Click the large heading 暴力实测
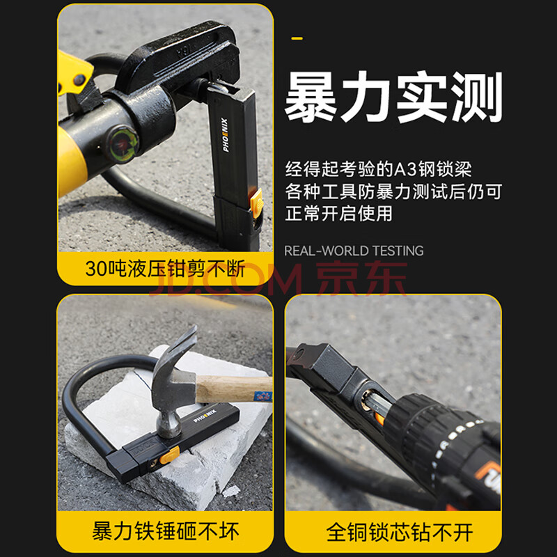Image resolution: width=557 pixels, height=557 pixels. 393,97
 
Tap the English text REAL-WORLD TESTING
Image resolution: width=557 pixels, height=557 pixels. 354,251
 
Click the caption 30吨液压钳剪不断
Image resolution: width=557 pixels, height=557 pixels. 165,269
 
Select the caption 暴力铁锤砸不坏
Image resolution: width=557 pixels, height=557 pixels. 166,531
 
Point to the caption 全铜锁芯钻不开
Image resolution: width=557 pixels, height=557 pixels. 400,532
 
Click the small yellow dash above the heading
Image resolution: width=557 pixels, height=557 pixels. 297,38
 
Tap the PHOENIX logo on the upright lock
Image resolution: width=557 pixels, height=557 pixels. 226,135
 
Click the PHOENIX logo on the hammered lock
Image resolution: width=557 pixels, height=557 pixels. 205,416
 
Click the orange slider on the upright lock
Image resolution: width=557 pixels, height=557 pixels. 256,203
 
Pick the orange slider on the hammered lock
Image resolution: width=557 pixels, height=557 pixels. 169,455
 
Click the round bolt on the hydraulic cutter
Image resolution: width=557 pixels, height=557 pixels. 123,144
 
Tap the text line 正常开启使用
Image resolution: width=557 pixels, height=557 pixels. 339,213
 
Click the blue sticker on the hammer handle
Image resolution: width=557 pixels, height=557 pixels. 263,396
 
